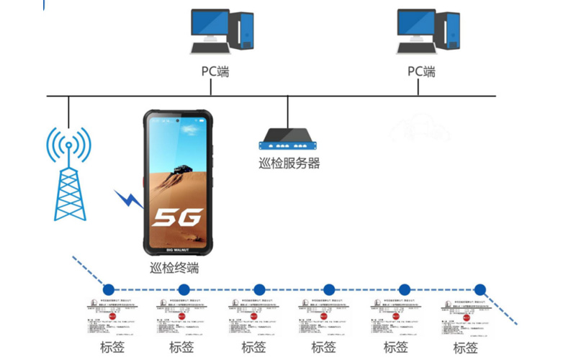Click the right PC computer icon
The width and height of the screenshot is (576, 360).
point(428,31)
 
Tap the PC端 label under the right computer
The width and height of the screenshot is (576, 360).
point(422,72)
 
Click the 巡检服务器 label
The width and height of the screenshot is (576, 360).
point(289,163)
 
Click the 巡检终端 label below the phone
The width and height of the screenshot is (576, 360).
point(174,269)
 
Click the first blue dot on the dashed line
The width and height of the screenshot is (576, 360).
point(109,288)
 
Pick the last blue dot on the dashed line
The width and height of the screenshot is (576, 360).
point(480,289)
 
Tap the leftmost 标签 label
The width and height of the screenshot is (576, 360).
point(112,348)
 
